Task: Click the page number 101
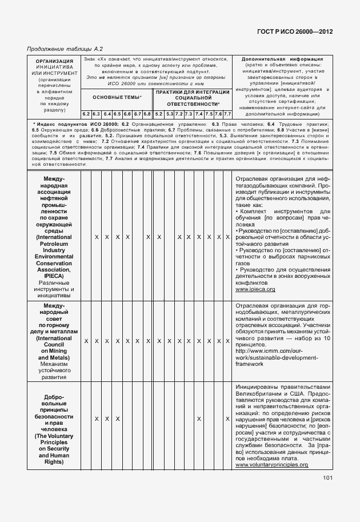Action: coord(327,479)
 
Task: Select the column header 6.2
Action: coord(86,114)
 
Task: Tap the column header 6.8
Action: coord(147,114)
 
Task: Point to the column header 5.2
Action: coord(159,114)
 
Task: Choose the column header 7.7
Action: coord(227,114)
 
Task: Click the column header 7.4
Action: coord(199,114)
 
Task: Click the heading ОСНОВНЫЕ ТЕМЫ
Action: coord(116,98)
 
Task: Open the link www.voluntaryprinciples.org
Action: coord(272,465)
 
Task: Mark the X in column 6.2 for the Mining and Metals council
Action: coord(86,341)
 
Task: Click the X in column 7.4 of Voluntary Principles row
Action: coord(199,419)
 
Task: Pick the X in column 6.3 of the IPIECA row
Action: coord(96,237)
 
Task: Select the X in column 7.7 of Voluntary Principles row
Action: coord(227,419)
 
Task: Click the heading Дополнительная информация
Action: coord(282,59)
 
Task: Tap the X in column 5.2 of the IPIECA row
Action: coord(159,237)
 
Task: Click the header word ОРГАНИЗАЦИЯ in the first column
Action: coord(54,61)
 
